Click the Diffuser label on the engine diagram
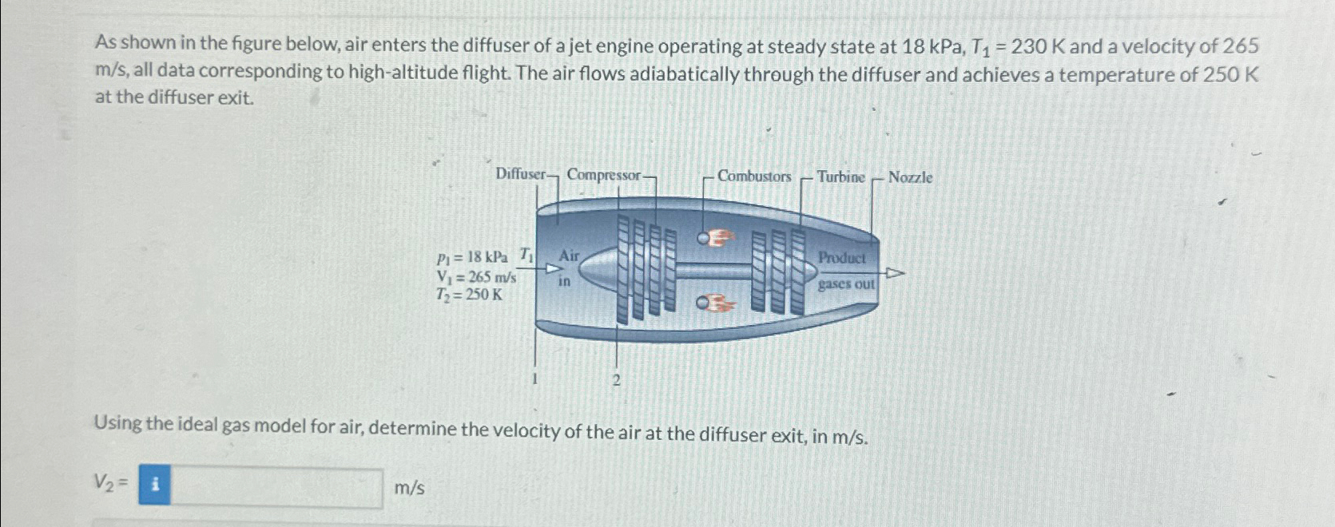[520, 174]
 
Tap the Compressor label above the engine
[603, 175]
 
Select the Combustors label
[754, 176]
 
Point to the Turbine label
[840, 177]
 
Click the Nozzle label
[910, 177]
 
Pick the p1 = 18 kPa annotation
[472, 257]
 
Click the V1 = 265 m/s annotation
[475, 277]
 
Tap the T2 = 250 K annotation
[469, 295]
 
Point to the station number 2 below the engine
[616, 380]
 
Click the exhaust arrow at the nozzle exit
[894, 274]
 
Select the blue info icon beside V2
[154, 485]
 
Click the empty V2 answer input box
[276, 486]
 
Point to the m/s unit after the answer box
[410, 487]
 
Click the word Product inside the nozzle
[841, 258]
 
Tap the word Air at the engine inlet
[569, 256]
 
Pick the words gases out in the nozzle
[846, 284]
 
